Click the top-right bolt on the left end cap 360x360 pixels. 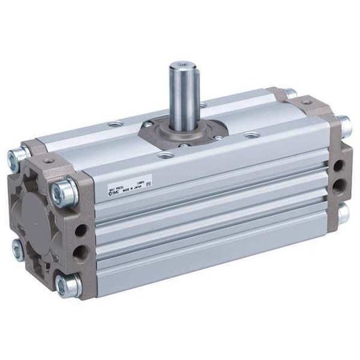65,192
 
